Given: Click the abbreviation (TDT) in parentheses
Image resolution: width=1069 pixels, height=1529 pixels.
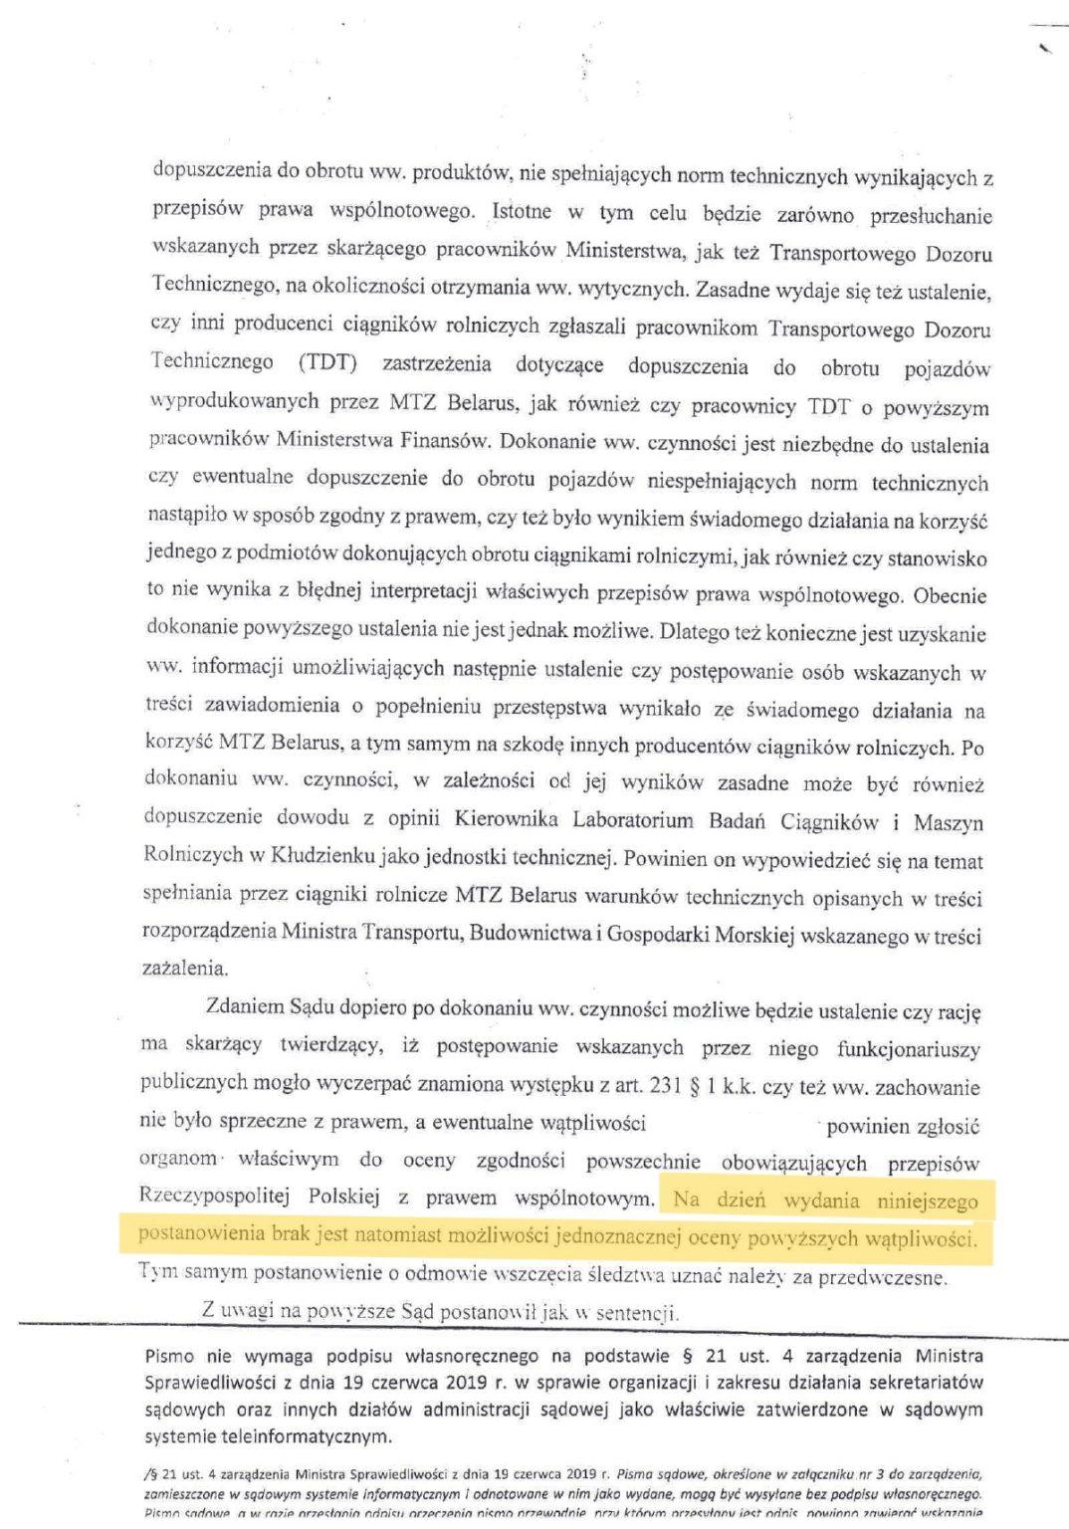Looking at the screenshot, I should coord(327,362).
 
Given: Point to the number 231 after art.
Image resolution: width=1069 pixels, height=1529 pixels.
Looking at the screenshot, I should coord(667,1086).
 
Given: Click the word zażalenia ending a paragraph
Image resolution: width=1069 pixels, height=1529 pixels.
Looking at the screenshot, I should coord(185,968).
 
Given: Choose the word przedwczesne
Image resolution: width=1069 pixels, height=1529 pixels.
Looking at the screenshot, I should coord(882,1277).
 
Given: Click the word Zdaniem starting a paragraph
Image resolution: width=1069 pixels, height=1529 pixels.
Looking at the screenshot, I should coord(245,1006).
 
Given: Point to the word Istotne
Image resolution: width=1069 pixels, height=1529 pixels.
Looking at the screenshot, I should coord(522,212).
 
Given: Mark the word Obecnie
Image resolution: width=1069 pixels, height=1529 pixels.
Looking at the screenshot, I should coord(950,596).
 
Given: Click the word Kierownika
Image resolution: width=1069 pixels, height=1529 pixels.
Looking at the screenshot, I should coord(506,819).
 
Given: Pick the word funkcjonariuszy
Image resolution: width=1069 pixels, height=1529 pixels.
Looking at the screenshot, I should coord(908,1049).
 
